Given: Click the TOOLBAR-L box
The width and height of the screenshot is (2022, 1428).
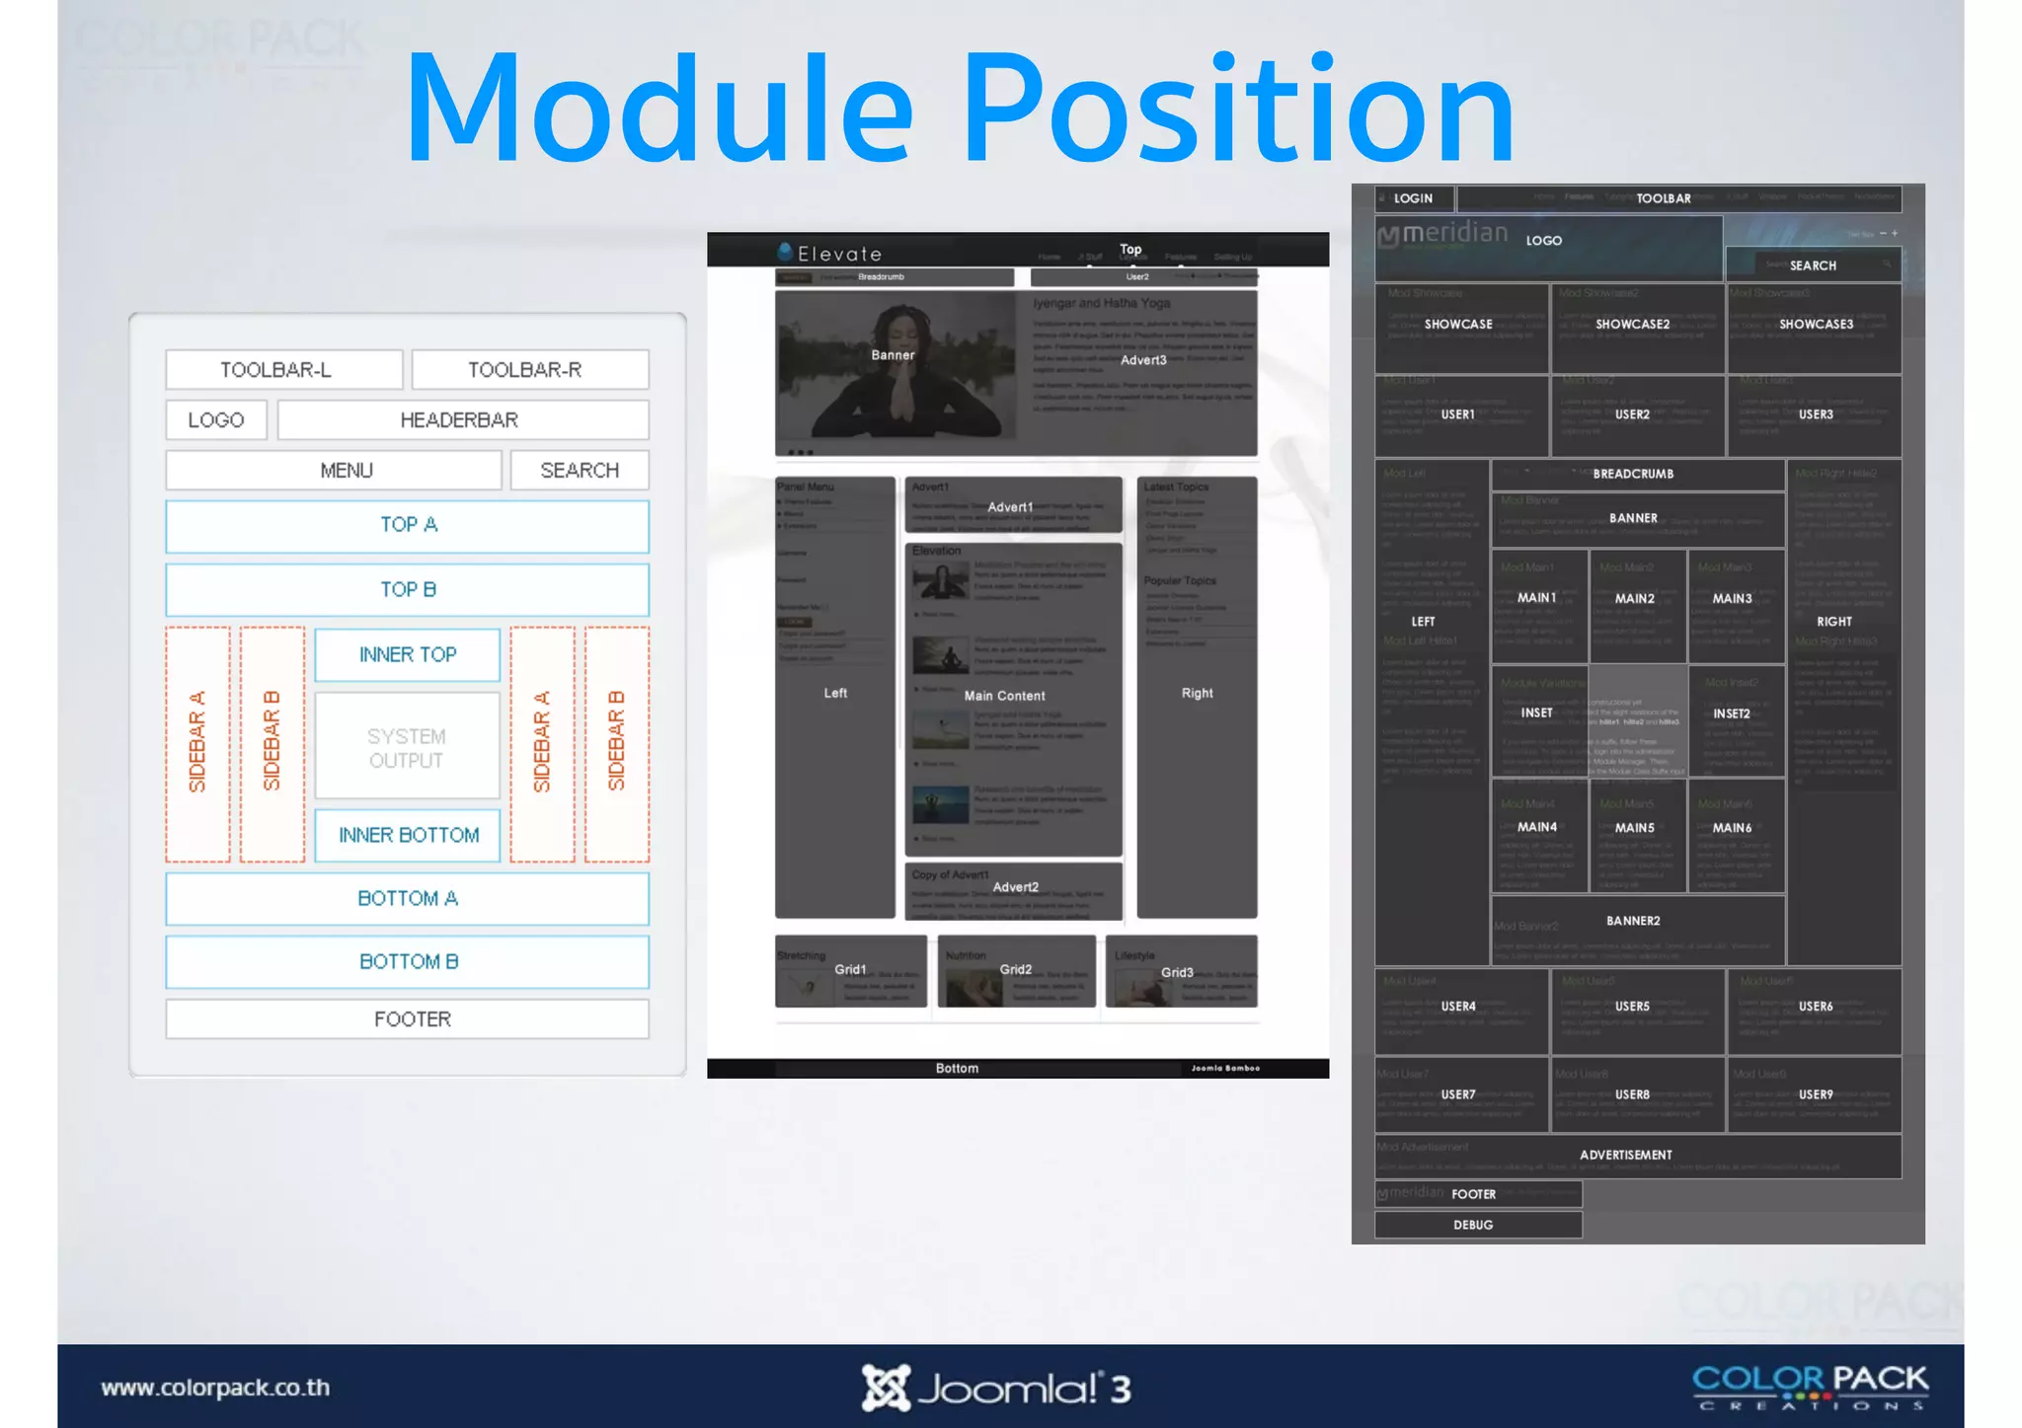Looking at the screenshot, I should tap(283, 370).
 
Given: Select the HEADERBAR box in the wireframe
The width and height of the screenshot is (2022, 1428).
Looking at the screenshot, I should tap(462, 420).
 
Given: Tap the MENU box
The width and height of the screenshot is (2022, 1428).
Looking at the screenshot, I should tap(334, 471).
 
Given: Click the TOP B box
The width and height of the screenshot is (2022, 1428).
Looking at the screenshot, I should tap(407, 590).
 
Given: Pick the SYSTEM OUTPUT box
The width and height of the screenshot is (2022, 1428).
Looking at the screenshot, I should tap(407, 747).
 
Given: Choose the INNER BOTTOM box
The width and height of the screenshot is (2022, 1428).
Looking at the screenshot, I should tap(407, 835).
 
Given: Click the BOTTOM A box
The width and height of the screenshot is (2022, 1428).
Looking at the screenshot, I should tap(407, 899).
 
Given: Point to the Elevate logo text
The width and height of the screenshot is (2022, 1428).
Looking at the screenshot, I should tap(839, 254).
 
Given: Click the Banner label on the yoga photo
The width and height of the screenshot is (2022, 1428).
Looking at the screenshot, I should tap(893, 355).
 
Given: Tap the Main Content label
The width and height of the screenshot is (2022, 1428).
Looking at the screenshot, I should tap(1004, 696).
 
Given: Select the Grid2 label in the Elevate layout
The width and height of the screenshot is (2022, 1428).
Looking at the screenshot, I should tap(1016, 970).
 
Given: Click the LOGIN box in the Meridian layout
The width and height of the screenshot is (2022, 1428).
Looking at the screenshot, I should tap(1414, 198).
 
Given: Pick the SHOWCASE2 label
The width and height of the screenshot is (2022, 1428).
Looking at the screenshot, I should tap(1633, 325).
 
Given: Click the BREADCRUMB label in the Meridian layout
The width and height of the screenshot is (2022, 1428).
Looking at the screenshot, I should tap(1633, 474).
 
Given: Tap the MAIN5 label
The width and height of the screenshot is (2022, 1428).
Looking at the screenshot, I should tap(1635, 828).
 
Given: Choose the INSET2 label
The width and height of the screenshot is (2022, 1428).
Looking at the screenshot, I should tap(1732, 714).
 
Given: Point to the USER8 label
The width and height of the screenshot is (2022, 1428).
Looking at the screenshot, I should tap(1632, 1094).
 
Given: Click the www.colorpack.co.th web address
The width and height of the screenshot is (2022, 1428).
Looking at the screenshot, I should tap(215, 1388).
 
